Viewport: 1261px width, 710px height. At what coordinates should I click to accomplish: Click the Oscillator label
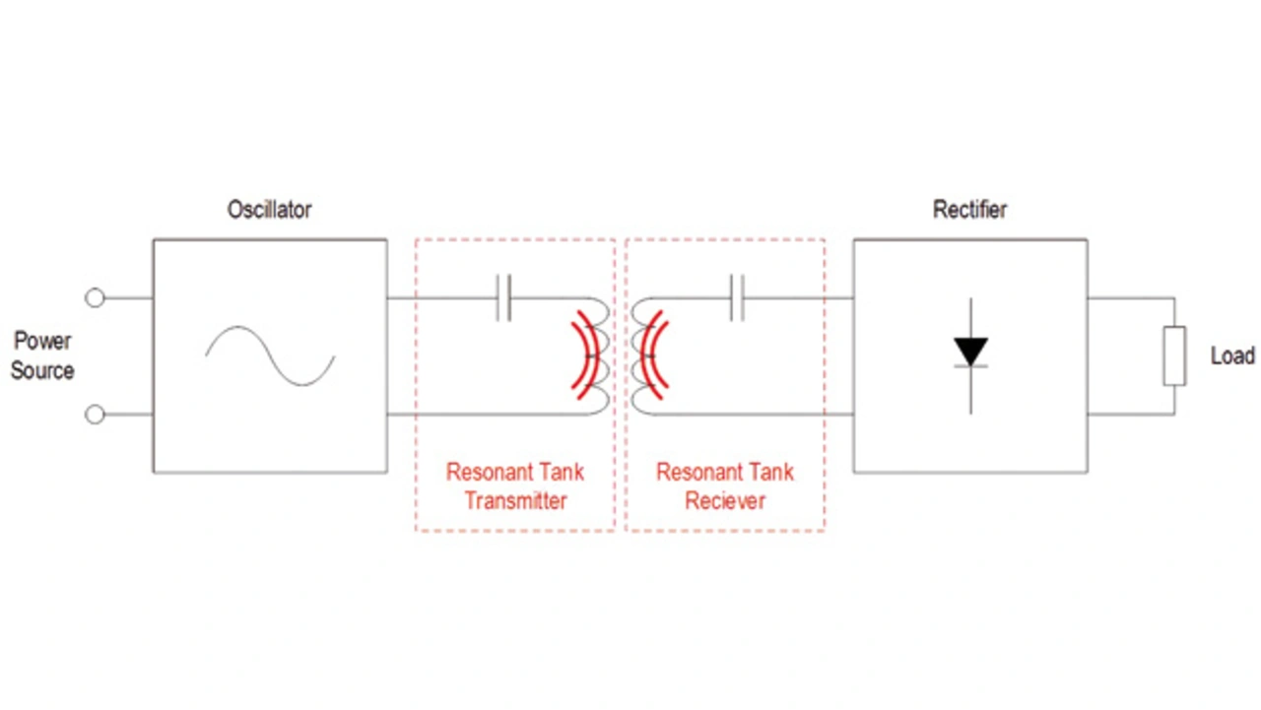point(269,210)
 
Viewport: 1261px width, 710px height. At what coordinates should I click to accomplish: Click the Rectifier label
point(969,210)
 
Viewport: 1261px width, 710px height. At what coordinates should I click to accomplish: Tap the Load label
point(1232,355)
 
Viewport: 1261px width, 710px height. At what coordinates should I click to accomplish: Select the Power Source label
point(42,355)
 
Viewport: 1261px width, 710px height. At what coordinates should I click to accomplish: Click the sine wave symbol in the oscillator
point(270,355)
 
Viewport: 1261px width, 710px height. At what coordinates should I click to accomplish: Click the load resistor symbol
point(1173,355)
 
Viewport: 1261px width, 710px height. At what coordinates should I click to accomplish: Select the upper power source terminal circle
point(95,297)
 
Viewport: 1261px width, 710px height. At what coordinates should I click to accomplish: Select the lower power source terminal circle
point(95,415)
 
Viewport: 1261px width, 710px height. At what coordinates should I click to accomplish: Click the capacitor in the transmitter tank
point(503,297)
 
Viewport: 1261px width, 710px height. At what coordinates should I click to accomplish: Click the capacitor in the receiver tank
point(736,297)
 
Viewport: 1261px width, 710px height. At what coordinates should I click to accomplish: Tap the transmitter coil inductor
point(597,355)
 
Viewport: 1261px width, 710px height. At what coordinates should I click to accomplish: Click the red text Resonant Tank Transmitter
point(515,486)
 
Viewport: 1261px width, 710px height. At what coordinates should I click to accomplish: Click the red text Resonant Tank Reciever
point(725,486)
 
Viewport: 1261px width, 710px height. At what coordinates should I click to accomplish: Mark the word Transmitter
point(515,501)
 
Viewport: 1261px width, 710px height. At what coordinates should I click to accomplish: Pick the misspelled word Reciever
point(725,501)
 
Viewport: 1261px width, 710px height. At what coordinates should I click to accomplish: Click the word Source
point(42,371)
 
